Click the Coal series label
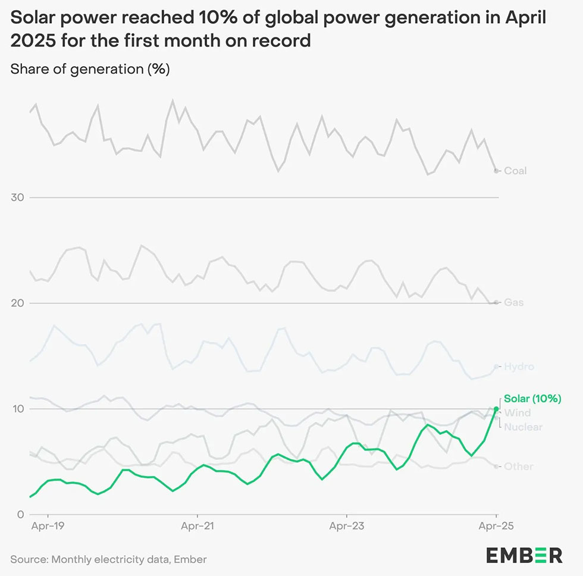click(x=515, y=171)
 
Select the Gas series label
click(x=514, y=302)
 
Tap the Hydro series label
click(x=519, y=367)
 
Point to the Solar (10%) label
click(x=532, y=399)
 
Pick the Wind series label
click(x=517, y=413)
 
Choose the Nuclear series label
click(x=523, y=427)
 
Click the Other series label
click(x=518, y=467)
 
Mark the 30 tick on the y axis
click(x=18, y=197)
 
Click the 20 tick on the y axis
click(x=18, y=303)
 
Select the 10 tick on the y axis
click(x=18, y=409)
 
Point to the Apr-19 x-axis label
click(x=47, y=527)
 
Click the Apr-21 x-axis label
click(x=197, y=527)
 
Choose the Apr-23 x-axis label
click(x=346, y=527)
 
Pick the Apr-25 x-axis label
click(x=496, y=527)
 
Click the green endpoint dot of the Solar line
click(x=496, y=409)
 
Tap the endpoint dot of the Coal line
click(x=496, y=171)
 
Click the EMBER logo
click(x=524, y=555)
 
